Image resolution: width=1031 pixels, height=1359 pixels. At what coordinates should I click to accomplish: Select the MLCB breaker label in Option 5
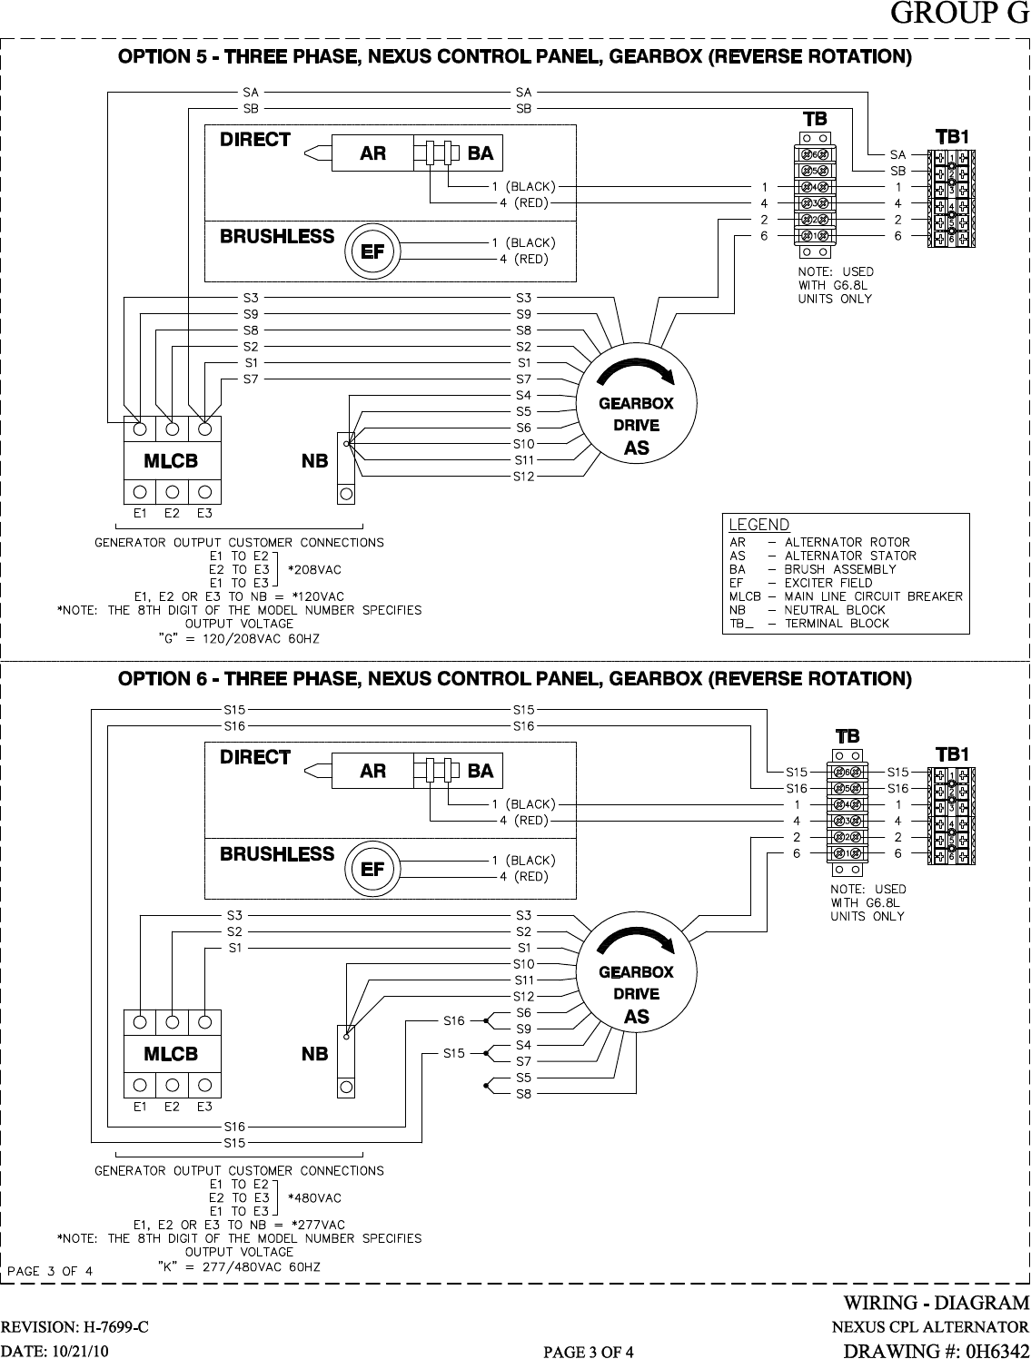pyautogui.click(x=171, y=461)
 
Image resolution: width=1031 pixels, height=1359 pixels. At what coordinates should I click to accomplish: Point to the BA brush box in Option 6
pyautogui.click(x=480, y=771)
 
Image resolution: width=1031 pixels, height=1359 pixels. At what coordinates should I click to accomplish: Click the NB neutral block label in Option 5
pyautogui.click(x=314, y=461)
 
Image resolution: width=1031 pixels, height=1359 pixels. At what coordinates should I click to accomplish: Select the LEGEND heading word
pyautogui.click(x=759, y=525)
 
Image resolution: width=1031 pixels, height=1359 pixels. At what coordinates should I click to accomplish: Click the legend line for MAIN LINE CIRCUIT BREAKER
pyautogui.click(x=846, y=596)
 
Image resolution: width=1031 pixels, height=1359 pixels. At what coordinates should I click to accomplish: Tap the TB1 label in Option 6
pyautogui.click(x=953, y=754)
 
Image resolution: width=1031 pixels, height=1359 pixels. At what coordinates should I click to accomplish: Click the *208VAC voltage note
pyautogui.click(x=314, y=569)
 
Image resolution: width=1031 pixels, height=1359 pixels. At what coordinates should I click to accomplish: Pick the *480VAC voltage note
pyautogui.click(x=314, y=1197)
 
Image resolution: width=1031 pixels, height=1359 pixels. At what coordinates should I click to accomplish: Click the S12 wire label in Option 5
pyautogui.click(x=523, y=476)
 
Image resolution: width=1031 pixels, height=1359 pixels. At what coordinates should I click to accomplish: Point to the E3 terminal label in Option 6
pyautogui.click(x=204, y=1106)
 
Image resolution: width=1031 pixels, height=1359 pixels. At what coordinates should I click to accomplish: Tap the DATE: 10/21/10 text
pyautogui.click(x=55, y=1352)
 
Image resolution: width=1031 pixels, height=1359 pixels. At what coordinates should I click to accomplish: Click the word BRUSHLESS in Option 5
pyautogui.click(x=277, y=237)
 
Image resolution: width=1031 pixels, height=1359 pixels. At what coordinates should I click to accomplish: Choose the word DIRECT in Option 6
pyautogui.click(x=255, y=757)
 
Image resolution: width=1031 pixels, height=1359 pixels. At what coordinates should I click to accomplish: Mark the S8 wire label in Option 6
pyautogui.click(x=523, y=1094)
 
